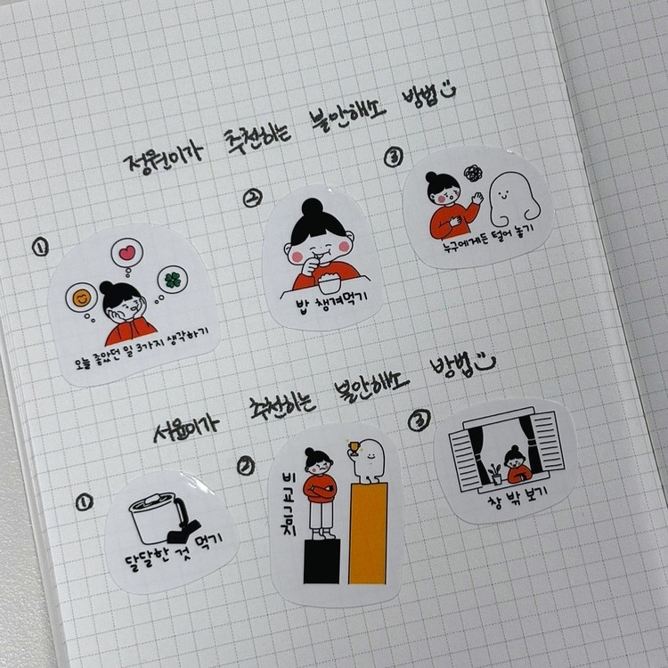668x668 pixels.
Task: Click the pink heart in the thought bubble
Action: (127, 253)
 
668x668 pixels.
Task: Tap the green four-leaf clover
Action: (173, 280)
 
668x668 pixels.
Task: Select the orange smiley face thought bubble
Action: (81, 298)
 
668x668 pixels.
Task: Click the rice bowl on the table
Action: (329, 282)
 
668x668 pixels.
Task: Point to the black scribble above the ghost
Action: (473, 173)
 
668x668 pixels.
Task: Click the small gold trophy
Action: (354, 448)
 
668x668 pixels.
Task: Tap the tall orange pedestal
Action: (368, 534)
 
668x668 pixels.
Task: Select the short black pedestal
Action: (322, 561)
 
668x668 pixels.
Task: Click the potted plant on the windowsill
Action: (496, 474)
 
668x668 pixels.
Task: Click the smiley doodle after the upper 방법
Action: (447, 90)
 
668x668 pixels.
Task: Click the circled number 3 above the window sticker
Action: (420, 420)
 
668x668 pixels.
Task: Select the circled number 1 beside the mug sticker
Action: (85, 501)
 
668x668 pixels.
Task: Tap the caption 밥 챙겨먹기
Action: (331, 304)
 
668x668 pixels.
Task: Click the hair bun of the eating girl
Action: (313, 208)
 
